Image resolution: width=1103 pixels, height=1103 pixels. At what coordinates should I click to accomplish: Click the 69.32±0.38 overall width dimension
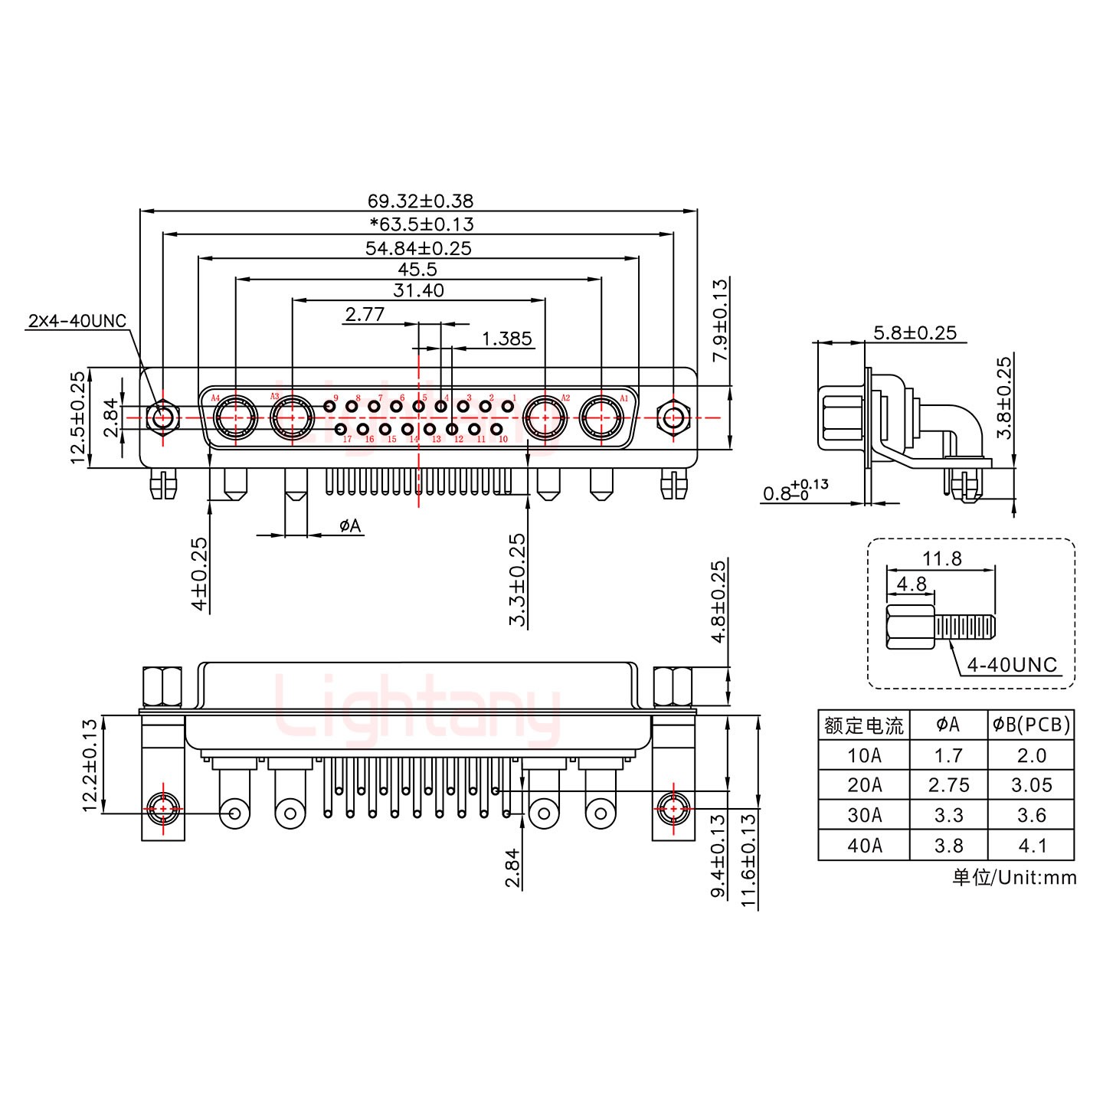420,201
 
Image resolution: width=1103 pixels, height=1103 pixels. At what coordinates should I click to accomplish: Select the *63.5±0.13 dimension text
421,224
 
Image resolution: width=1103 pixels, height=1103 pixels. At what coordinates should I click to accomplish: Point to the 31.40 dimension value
418,290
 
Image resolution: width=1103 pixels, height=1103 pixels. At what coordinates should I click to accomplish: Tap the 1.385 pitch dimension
506,339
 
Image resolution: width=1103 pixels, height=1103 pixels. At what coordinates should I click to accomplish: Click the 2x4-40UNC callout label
77,321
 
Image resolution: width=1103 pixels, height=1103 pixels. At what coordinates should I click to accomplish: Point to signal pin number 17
342,429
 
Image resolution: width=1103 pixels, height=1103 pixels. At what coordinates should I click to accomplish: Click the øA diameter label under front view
349,525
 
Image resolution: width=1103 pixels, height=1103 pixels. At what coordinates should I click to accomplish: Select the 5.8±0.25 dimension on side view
915,332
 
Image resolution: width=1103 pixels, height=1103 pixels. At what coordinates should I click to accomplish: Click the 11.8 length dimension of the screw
941,558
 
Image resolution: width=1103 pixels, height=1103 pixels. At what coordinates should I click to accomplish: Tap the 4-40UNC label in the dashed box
1011,664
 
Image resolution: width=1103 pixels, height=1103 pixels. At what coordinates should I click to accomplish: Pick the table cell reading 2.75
948,785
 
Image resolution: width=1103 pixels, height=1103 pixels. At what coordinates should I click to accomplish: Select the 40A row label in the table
864,845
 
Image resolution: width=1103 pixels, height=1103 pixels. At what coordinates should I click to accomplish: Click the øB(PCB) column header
1031,725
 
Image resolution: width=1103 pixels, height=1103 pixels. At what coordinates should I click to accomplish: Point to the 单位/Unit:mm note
1014,877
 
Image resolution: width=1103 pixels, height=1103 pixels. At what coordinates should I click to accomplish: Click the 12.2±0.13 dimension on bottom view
90,765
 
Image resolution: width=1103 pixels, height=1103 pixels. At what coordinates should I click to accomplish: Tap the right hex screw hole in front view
673,418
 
